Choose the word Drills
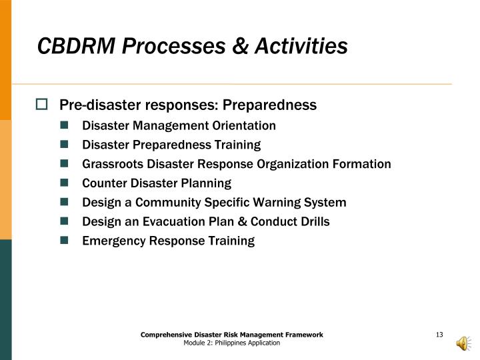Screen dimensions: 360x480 313,222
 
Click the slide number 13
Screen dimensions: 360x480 439,334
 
